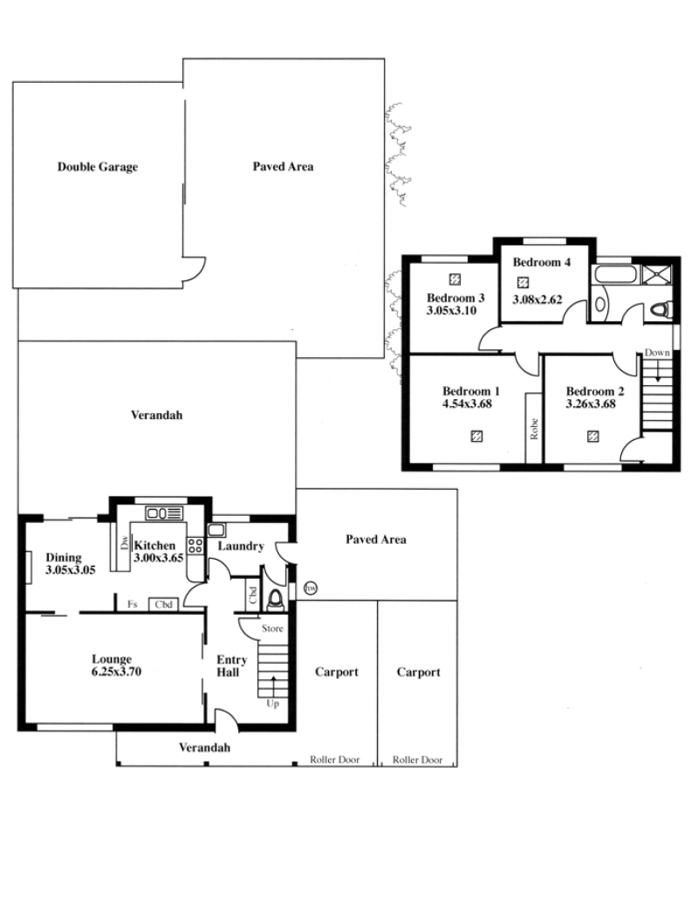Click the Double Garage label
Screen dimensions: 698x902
point(98,167)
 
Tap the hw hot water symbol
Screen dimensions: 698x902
point(311,589)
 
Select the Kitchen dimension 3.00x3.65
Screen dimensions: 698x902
point(158,557)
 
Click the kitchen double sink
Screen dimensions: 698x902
point(164,513)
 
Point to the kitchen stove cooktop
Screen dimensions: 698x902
point(195,546)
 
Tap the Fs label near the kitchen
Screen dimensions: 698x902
point(133,604)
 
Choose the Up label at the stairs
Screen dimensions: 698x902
point(272,704)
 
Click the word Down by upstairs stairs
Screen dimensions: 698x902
point(657,353)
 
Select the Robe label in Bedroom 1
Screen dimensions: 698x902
point(534,429)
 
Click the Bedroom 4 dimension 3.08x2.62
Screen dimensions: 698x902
point(537,300)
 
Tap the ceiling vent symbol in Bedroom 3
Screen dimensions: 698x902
point(455,279)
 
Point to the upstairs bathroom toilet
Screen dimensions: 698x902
point(661,309)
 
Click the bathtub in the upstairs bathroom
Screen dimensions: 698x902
point(616,274)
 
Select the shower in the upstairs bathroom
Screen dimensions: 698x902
point(657,274)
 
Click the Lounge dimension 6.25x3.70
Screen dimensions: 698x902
point(116,671)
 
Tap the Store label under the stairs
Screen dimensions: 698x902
point(272,628)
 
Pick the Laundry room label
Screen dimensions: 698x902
point(240,546)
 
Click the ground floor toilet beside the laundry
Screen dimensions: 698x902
point(277,599)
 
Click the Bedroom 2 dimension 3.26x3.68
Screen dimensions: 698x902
point(591,403)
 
